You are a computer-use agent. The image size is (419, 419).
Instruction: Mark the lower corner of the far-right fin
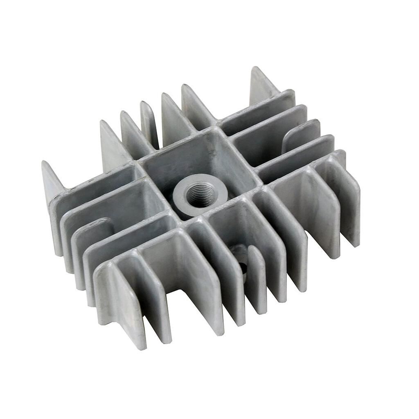[x=354, y=246]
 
